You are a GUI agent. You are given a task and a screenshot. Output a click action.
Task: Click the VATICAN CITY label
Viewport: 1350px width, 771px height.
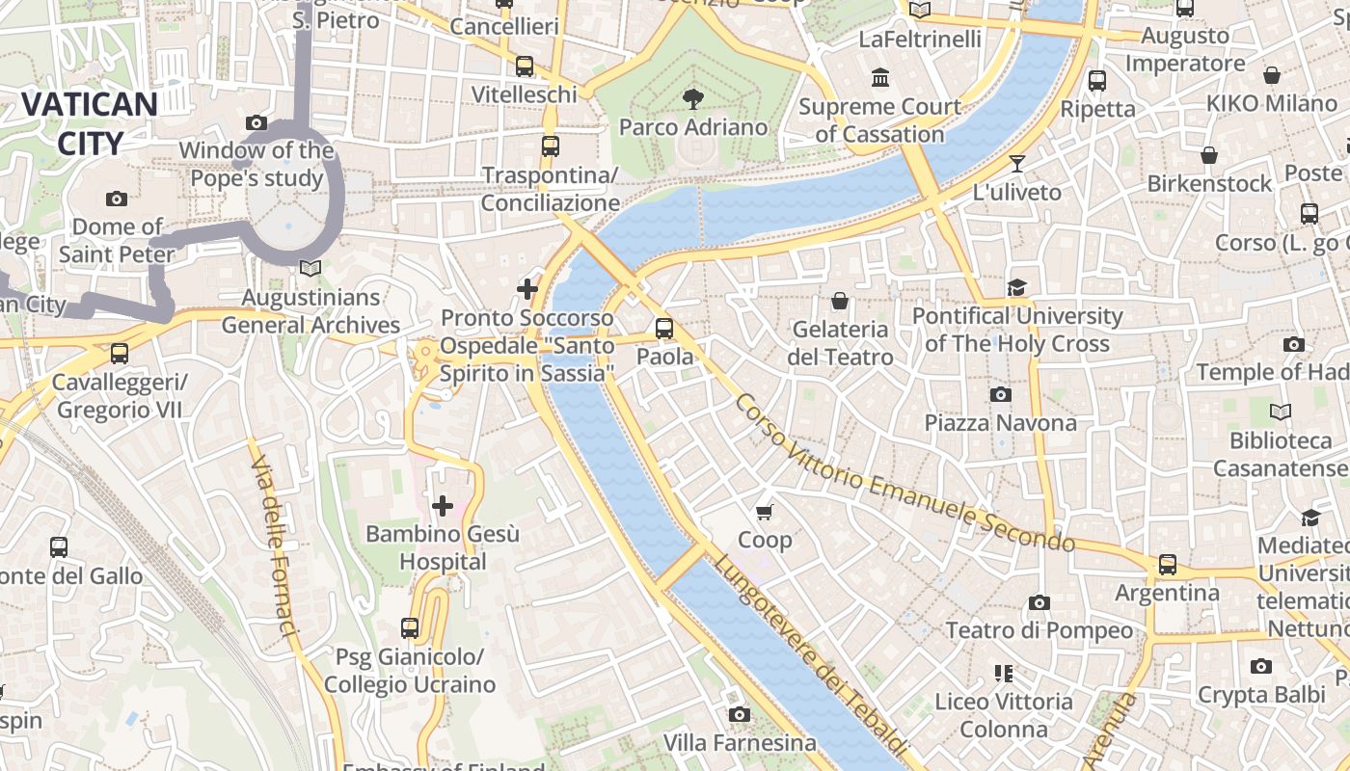[89, 123]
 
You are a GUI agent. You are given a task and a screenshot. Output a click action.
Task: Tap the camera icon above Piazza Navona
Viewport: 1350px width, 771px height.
[1001, 394]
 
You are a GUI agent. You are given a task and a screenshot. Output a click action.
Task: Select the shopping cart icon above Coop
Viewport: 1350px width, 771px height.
[765, 512]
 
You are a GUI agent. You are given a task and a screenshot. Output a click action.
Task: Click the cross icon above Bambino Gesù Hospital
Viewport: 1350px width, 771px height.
[443, 505]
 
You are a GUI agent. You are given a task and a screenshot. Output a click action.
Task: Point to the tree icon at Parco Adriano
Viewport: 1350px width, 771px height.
[692, 97]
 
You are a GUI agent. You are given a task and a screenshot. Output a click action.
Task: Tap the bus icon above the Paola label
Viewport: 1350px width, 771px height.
[664, 328]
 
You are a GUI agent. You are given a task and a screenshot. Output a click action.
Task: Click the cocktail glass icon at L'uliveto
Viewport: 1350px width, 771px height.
[1016, 163]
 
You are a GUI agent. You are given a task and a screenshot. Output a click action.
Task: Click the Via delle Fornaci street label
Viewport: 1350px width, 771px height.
[274, 545]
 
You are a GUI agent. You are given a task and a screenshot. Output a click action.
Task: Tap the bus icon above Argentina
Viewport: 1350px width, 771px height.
[1168, 564]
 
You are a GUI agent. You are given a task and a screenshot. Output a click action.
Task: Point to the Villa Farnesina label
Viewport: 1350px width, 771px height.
[740, 743]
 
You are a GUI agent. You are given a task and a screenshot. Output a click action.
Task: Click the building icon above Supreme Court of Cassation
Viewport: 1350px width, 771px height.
[879, 77]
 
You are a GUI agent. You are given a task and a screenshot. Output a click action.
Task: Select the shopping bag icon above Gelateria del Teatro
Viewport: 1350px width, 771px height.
[840, 302]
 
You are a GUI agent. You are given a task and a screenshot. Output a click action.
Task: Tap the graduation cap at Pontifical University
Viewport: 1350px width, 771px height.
[1016, 287]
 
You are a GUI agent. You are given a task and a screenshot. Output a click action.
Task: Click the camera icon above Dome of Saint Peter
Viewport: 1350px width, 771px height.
[117, 199]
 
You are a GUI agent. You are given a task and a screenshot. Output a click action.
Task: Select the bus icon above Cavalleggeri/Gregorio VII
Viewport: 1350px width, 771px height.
[120, 354]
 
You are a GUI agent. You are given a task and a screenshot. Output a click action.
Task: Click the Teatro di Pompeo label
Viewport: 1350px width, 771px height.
[1039, 630]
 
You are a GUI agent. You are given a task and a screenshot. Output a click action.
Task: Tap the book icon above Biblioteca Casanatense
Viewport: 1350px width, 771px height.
[1280, 412]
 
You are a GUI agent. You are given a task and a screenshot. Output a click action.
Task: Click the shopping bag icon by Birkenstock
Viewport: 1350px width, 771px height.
[1209, 155]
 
